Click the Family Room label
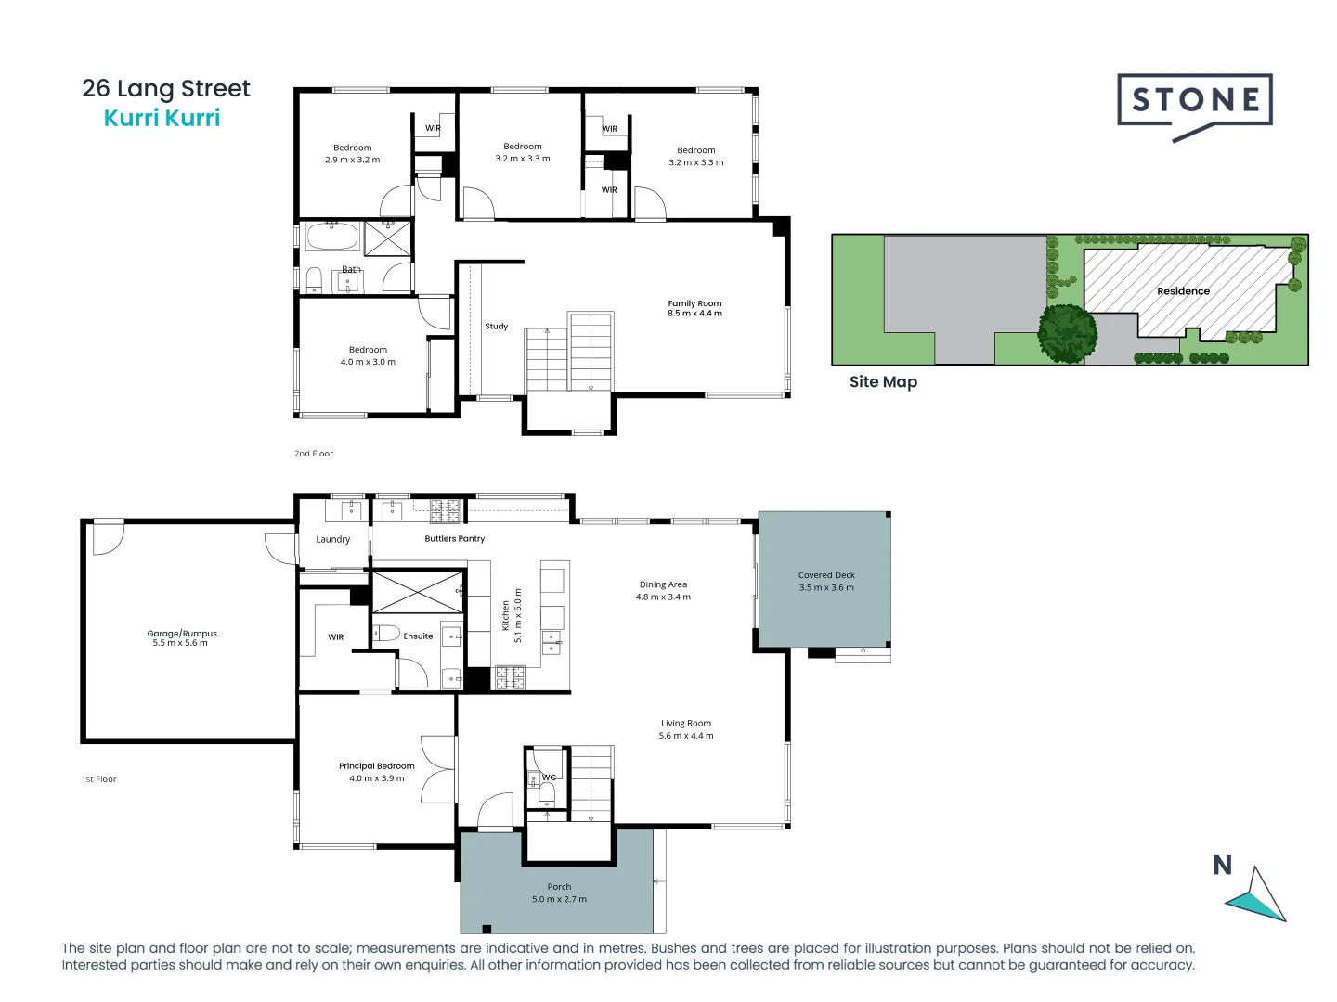(x=694, y=303)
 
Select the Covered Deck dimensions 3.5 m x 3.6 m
(x=826, y=587)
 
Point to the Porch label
(x=559, y=887)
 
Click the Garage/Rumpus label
(x=182, y=634)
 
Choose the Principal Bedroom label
(x=376, y=766)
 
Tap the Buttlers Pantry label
(x=454, y=539)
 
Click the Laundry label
(x=332, y=539)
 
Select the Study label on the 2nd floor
(x=496, y=327)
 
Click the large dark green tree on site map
(x=1067, y=333)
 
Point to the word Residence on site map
(x=1183, y=291)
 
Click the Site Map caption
(x=883, y=382)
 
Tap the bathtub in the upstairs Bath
(x=332, y=237)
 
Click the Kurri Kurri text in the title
(x=162, y=118)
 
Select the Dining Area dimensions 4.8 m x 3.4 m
(x=663, y=597)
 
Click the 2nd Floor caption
(x=314, y=454)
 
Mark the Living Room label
(x=686, y=724)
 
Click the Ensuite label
(x=418, y=636)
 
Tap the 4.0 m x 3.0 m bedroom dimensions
(x=368, y=362)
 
